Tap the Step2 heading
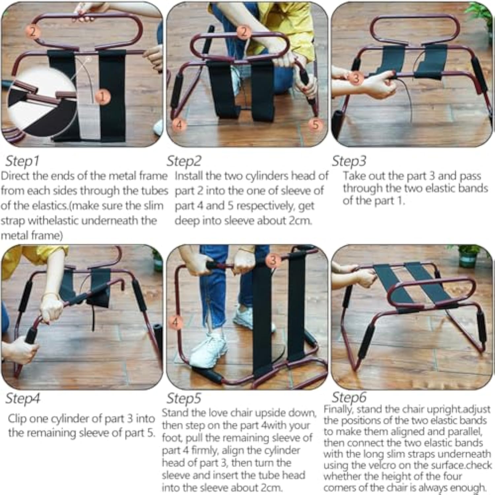point(184,161)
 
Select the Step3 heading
point(349,161)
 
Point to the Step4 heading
point(23,398)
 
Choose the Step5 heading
point(184,398)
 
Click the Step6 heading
point(349,397)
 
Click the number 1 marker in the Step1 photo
point(103,97)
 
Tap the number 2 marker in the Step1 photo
point(33,32)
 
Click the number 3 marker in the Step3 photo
point(356,78)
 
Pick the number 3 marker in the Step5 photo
point(273,260)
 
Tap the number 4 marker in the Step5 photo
point(175,322)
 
